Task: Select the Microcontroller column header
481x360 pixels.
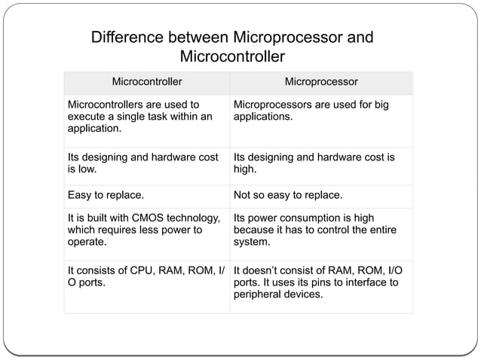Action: [147, 81]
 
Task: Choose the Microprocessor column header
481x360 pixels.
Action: [320, 81]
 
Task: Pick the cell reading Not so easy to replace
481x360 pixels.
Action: [288, 197]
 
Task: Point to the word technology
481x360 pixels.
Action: [195, 218]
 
